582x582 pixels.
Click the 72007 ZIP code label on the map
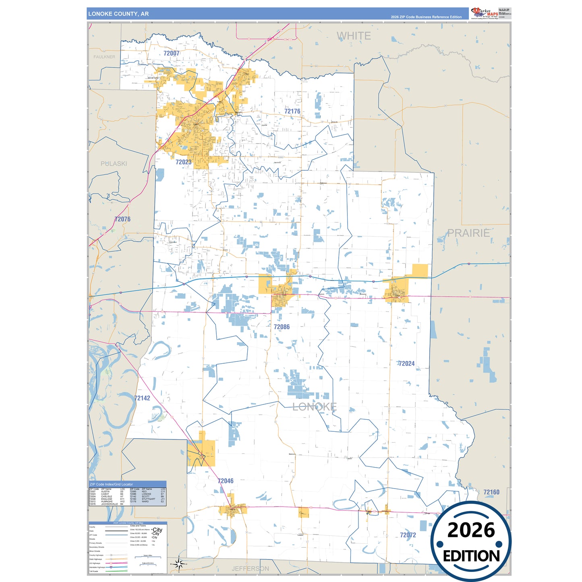(x=171, y=53)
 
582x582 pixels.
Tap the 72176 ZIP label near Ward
(x=292, y=111)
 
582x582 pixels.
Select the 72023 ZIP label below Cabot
(x=183, y=162)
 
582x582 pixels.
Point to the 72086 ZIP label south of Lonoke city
(x=282, y=327)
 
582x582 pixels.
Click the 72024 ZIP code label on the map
(x=406, y=363)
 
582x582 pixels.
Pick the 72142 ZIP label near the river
(x=142, y=398)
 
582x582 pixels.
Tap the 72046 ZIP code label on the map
(x=225, y=481)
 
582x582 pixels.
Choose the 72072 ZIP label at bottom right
(x=408, y=535)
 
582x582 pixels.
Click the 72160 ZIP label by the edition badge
(x=491, y=492)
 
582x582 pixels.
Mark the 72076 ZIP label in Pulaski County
(x=122, y=219)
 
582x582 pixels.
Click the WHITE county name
(x=354, y=36)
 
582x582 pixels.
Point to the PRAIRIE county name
(x=468, y=233)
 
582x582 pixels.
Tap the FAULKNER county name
(x=104, y=57)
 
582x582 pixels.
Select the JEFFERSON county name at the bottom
(x=250, y=568)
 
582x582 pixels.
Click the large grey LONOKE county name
(x=314, y=407)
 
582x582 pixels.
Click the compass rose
(x=180, y=564)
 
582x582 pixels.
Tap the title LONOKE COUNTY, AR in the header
(x=118, y=14)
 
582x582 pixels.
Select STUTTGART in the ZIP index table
(x=148, y=499)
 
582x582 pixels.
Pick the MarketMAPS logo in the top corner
(x=484, y=13)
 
